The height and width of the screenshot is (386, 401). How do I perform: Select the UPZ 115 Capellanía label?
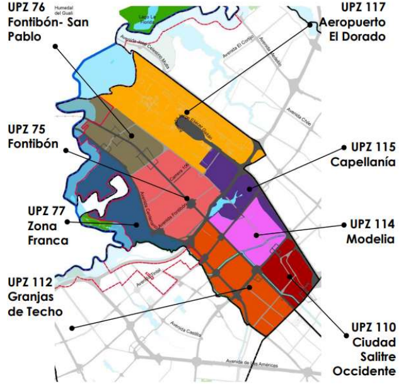point(363,155)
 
